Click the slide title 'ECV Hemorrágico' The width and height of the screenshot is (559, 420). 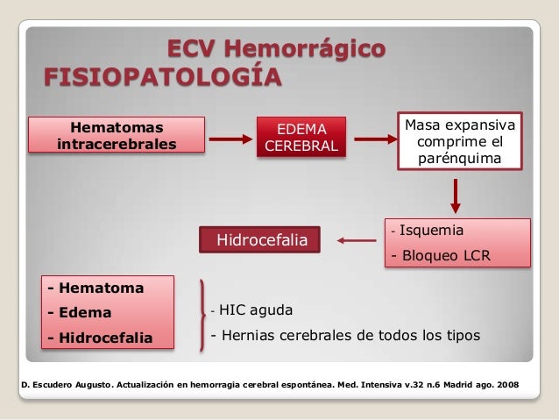275,48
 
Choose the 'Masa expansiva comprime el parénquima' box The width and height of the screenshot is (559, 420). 460,140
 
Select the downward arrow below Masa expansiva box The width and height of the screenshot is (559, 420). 456,196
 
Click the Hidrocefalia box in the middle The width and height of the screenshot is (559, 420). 259,238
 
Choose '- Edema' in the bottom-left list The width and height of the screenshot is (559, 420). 81,311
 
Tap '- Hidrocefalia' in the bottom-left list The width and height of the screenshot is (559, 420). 101,338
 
